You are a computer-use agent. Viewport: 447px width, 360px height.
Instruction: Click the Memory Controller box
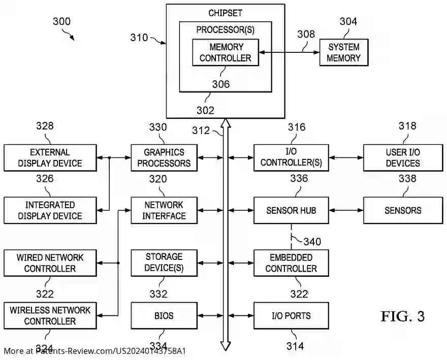pyautogui.click(x=225, y=52)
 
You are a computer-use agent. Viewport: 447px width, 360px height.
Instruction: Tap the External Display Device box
pyautogui.click(x=50, y=158)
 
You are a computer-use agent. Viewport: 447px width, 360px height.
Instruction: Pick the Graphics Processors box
pyautogui.click(x=164, y=158)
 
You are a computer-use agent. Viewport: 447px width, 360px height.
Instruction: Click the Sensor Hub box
pyautogui.click(x=291, y=210)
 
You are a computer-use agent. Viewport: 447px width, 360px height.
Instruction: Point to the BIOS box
pyautogui.click(x=164, y=315)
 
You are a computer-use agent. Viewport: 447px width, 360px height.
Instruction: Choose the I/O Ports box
pyautogui.click(x=291, y=315)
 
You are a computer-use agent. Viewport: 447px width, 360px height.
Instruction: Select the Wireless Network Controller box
pyautogui.click(x=50, y=315)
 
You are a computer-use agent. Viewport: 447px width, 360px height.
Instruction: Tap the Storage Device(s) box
pyautogui.click(x=164, y=263)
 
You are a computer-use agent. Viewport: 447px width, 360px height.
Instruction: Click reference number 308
pyautogui.click(x=306, y=35)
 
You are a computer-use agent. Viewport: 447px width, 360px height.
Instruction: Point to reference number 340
pyautogui.click(x=312, y=241)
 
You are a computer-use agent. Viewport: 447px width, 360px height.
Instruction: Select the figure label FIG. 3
pyautogui.click(x=402, y=316)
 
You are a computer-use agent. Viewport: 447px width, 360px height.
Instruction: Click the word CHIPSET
pyautogui.click(x=226, y=13)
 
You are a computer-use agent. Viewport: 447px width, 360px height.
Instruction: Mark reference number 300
pyautogui.click(x=61, y=21)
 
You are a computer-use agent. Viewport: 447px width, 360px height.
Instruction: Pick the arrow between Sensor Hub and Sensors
pyautogui.click(x=346, y=210)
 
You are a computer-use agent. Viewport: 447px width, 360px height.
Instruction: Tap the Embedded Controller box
pyautogui.click(x=291, y=263)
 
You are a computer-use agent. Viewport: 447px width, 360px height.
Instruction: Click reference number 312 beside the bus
pyautogui.click(x=201, y=130)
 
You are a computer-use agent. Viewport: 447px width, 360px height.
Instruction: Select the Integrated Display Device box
pyautogui.click(x=50, y=210)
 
